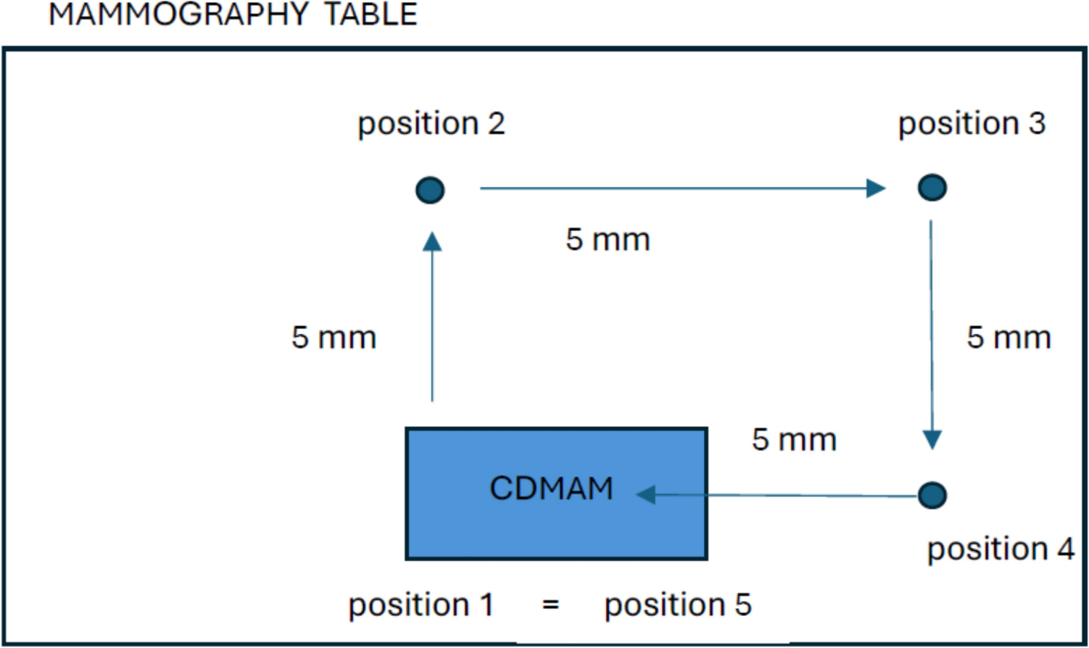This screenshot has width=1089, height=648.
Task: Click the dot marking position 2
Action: [x=430, y=190]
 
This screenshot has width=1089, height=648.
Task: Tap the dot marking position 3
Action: [x=932, y=187]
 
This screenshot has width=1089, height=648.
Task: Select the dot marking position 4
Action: [x=932, y=495]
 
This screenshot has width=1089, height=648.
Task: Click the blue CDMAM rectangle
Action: [x=464, y=529]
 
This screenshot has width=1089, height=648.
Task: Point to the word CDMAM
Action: [x=551, y=488]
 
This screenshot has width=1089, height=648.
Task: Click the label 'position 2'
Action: [x=431, y=124]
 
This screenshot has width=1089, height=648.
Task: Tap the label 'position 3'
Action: [x=972, y=124]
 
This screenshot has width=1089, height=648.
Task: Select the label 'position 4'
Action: [x=1001, y=549]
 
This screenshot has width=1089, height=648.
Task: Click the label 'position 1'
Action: [x=421, y=605]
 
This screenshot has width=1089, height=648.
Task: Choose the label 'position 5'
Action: [x=678, y=605]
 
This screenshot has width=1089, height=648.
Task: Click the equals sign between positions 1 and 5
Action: [x=550, y=604]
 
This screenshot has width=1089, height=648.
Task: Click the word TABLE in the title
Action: [x=370, y=14]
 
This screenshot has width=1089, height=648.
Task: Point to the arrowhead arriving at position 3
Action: [x=876, y=188]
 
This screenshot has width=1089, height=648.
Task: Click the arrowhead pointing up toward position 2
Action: [x=432, y=242]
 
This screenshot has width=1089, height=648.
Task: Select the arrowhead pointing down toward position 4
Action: [x=932, y=439]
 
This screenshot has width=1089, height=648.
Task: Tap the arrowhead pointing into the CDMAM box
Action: [x=646, y=494]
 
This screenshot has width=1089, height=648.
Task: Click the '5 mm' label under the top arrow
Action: [x=608, y=239]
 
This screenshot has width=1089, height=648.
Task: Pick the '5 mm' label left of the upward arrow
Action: [x=334, y=338]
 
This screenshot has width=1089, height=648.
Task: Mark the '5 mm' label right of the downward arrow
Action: [x=1009, y=338]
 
